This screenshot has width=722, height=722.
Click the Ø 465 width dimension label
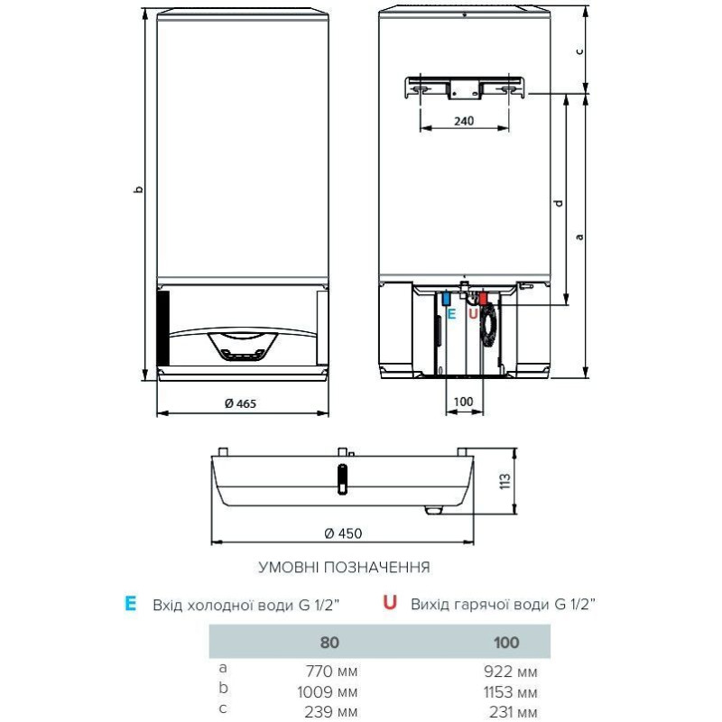pos(241,403)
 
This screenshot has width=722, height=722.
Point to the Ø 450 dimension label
pos(343,533)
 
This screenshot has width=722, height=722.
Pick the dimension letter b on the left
pos(136,190)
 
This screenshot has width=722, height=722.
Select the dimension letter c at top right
pos(580,51)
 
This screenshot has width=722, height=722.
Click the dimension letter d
pos(559,203)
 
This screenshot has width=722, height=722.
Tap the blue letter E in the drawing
pos(452,313)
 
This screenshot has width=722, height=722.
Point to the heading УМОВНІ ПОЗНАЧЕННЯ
pos(344,568)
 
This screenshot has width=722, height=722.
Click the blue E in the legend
pos(131,604)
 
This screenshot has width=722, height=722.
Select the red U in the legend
pos(390,604)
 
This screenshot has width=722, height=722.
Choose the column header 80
pos(329,643)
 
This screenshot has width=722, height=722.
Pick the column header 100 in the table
pos(507,643)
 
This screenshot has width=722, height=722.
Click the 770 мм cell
pos(333,671)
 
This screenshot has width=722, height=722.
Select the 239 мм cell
pos(333,713)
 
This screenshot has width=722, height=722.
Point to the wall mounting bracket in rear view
pos(464,88)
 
